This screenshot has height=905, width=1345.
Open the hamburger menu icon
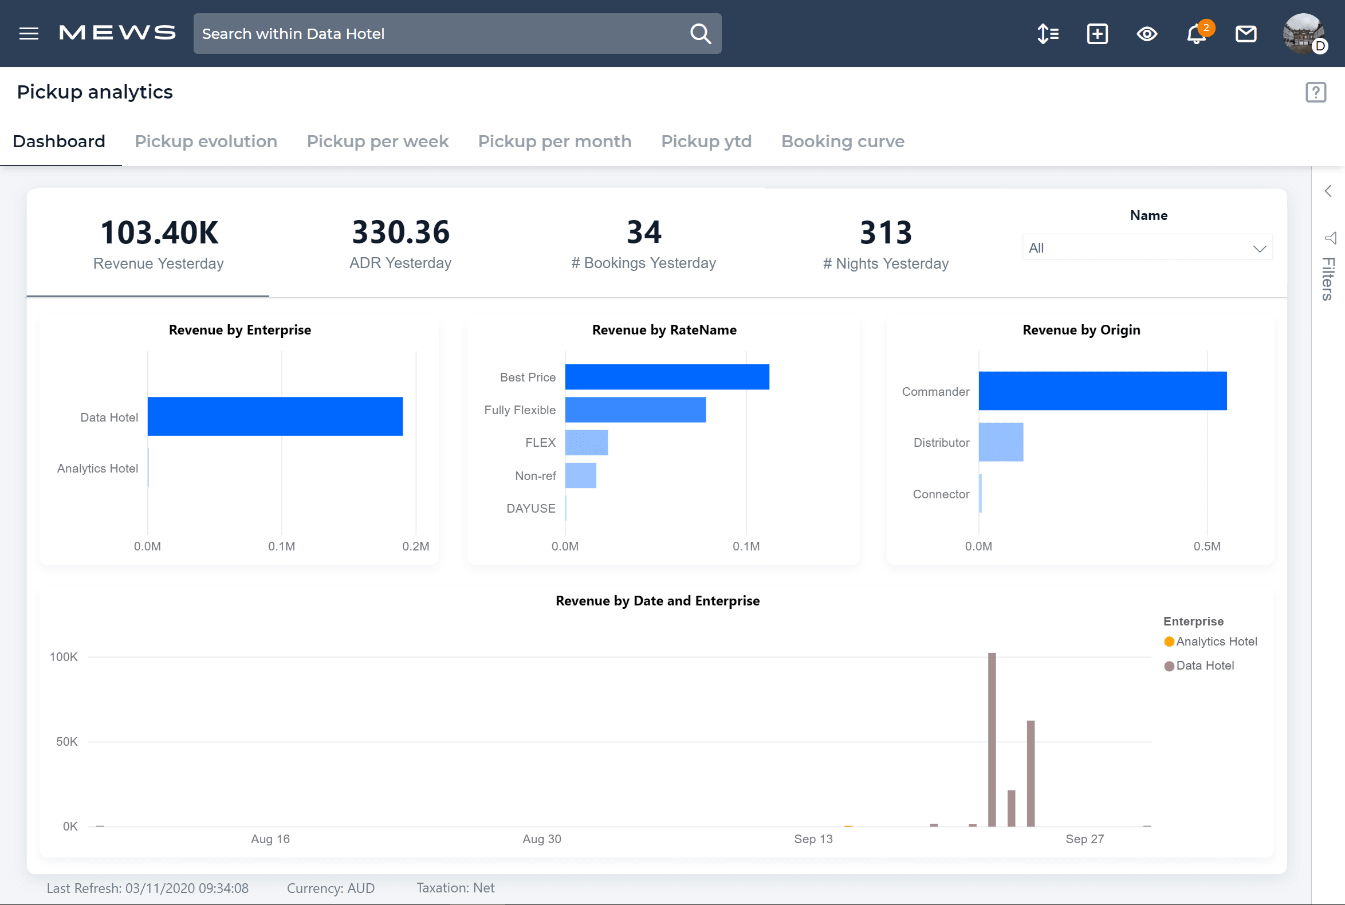pos(28,33)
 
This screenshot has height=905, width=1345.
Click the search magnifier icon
pos(700,33)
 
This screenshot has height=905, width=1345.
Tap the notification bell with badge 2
pos(1196,34)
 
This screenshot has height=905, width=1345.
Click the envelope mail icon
pos(1246,34)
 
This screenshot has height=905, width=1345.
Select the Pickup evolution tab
pos(206,141)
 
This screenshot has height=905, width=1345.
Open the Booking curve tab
pos(842,141)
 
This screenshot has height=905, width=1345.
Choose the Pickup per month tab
pos(554,141)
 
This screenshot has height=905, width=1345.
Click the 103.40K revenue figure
pos(159,233)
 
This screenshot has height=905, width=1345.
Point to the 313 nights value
pos(886,233)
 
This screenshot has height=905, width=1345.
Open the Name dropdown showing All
pos(1146,248)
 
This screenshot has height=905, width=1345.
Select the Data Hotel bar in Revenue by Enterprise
pos(275,416)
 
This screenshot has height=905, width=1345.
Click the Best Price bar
pos(667,377)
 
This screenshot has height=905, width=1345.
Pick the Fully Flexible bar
pos(635,410)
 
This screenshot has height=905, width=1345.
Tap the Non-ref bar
pos(580,475)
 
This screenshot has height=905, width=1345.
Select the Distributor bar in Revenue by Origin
pos(1000,442)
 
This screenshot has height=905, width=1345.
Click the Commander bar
pos(1102,391)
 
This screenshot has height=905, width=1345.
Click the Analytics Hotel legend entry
pos(1215,642)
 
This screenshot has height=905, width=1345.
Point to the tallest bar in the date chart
pos(992,739)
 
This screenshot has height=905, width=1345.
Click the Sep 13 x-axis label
pos(813,839)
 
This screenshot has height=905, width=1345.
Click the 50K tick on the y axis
pos(66,742)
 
